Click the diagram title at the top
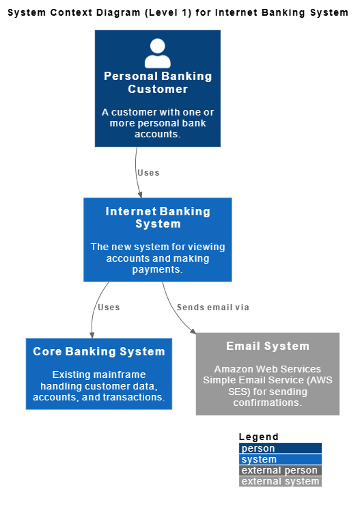point(178,12)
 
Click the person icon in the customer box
point(158,53)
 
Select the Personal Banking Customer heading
point(158,83)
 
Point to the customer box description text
point(158,123)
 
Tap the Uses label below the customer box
point(148,173)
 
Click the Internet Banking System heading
point(158,218)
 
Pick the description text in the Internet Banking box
point(158,258)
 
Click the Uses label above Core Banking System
point(109,308)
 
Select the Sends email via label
point(213,308)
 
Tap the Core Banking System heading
point(99,352)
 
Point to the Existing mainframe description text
point(99,386)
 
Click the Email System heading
point(268,346)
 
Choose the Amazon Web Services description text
point(268,386)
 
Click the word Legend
point(259,437)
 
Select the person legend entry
point(280,448)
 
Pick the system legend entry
point(280,459)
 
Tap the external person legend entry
point(280,470)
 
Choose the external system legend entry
point(280,481)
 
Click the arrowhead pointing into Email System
point(194,331)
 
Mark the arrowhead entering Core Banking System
point(92,335)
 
